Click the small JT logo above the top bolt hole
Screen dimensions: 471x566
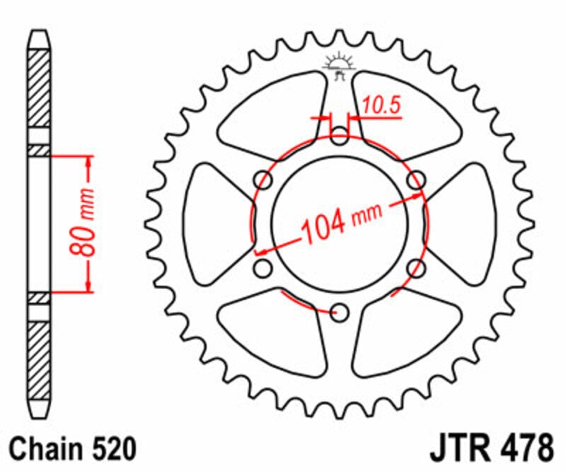click(x=340, y=64)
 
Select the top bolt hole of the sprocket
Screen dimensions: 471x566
click(x=340, y=135)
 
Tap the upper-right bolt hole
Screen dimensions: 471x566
click(x=417, y=180)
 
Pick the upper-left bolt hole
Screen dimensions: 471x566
click(x=263, y=180)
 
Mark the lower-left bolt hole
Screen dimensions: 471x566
click(x=263, y=268)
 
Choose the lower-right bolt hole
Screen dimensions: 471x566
click(x=417, y=268)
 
